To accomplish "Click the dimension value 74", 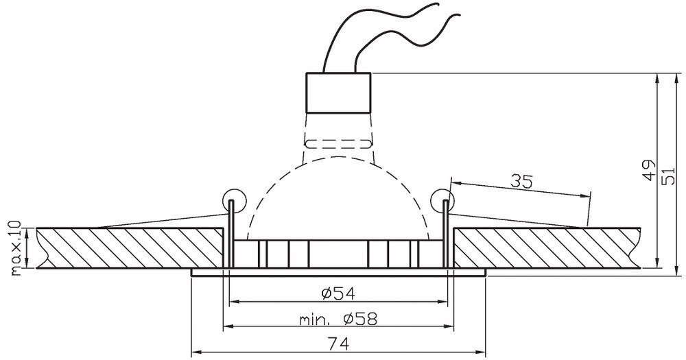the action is [x=338, y=344].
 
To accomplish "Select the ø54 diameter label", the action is [x=338, y=293].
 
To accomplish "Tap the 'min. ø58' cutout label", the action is [x=338, y=320].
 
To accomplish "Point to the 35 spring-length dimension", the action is [x=522, y=181].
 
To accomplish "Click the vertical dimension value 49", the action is [x=650, y=170].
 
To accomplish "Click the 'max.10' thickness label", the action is [x=15, y=248].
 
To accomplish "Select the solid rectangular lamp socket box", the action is [x=338, y=93].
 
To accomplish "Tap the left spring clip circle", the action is [x=234, y=201].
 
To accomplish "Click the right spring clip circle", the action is [x=442, y=201].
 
